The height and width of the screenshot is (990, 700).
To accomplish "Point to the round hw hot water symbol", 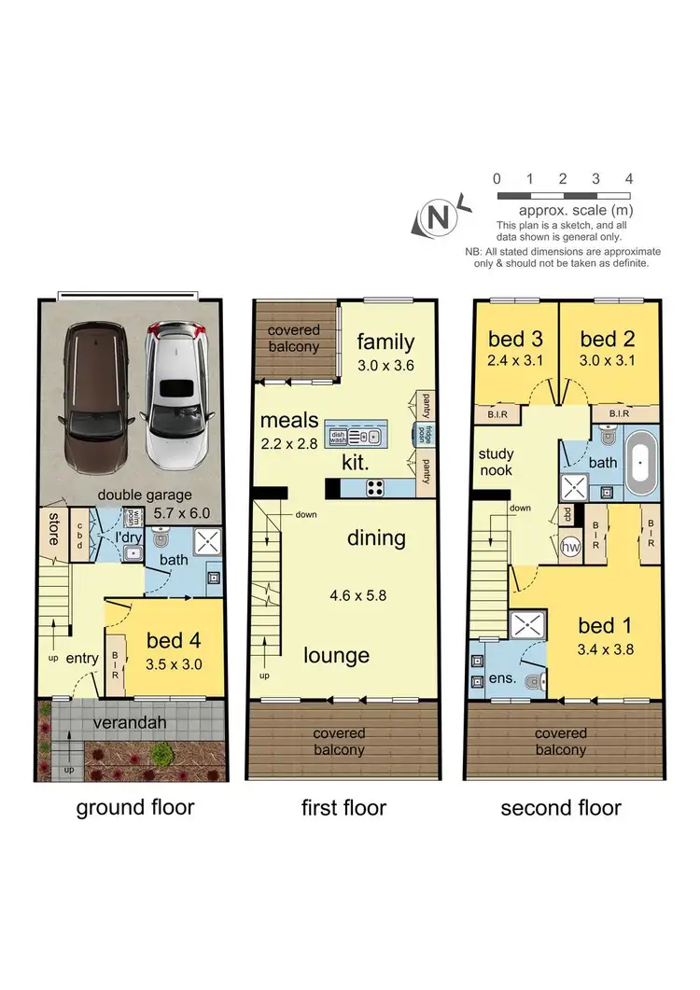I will pos(568,548).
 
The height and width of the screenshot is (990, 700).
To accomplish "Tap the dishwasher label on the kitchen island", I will pos(336,435).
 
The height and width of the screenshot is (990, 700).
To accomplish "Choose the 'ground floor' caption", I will pos(135,806).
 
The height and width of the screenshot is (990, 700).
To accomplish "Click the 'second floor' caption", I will pos(561,807).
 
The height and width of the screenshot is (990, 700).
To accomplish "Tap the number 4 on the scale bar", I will pos(629,178).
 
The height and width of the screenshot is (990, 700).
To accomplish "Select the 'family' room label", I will pos(385,342).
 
